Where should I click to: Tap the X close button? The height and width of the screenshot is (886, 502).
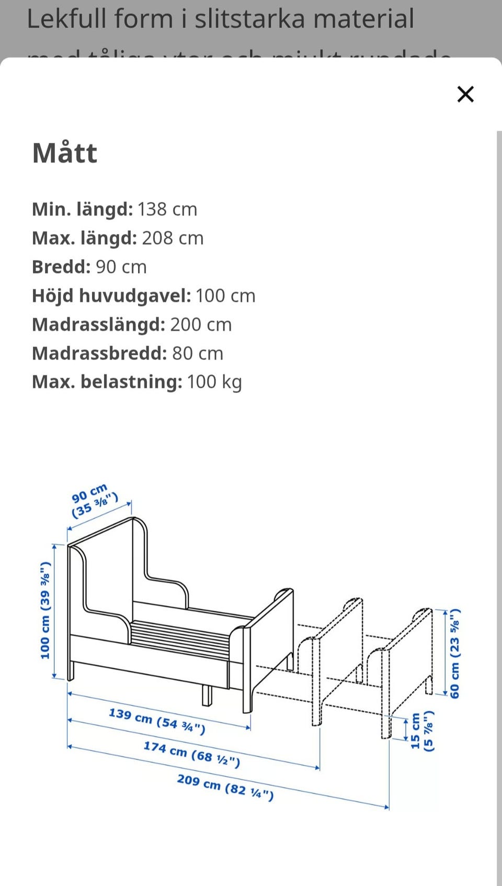[465, 94]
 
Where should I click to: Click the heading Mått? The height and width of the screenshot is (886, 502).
[65, 153]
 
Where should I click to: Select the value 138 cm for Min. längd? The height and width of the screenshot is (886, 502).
[167, 209]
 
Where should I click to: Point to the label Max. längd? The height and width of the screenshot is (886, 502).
[84, 238]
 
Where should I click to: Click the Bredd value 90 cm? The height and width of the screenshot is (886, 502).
[121, 267]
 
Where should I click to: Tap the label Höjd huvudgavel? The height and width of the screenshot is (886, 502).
[111, 296]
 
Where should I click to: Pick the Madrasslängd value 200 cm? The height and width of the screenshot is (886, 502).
[201, 324]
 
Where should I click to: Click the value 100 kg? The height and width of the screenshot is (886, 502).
[214, 382]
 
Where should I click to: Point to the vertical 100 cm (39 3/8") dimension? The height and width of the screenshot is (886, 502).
[45, 610]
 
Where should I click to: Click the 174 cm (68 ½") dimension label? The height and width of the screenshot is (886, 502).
[192, 754]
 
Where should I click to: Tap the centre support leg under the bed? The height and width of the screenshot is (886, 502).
[207, 695]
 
